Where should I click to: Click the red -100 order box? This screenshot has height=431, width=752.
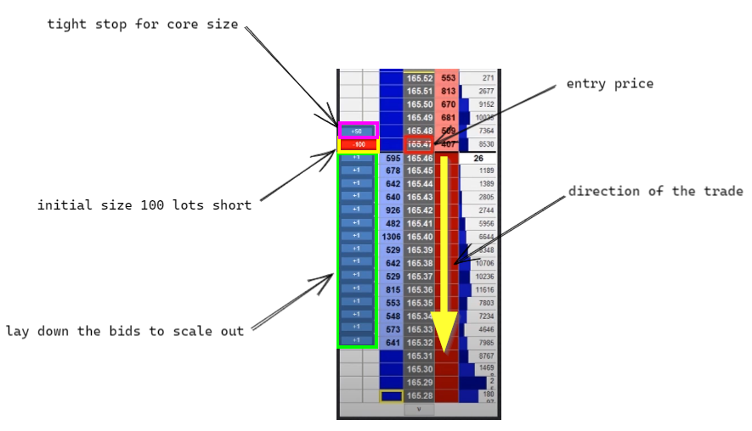(x=357, y=144)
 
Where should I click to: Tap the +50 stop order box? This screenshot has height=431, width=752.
(x=357, y=131)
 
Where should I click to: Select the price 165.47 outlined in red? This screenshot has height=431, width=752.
(x=420, y=144)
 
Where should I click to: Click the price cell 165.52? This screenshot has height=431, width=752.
(x=420, y=78)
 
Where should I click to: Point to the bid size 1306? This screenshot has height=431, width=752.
(x=391, y=237)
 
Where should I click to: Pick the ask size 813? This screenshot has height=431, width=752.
(x=448, y=91)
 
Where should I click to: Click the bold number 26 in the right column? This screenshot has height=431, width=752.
(x=478, y=158)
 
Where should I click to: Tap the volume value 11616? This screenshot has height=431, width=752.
(x=483, y=290)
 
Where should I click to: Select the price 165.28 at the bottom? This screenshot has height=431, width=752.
(x=420, y=396)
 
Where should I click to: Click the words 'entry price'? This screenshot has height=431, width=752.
(x=610, y=83)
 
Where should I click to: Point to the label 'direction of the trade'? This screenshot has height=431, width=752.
(x=655, y=191)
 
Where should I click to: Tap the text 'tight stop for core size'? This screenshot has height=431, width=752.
(x=143, y=24)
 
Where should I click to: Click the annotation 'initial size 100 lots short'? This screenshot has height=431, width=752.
(x=144, y=205)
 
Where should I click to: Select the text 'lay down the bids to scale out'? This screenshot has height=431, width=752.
(x=125, y=331)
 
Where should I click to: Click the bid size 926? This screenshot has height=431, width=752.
(x=392, y=210)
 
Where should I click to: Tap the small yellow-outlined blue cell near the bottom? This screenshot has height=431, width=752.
(x=391, y=396)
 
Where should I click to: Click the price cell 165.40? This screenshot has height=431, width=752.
(x=420, y=237)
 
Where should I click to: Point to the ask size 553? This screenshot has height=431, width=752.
(x=448, y=78)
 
